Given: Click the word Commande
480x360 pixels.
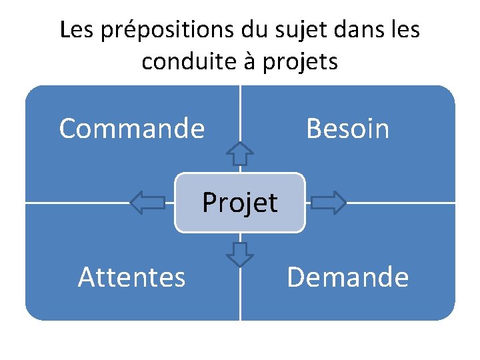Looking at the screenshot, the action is (131, 128).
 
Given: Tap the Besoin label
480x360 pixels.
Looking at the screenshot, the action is (347, 128).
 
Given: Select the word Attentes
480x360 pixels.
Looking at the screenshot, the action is (131, 277).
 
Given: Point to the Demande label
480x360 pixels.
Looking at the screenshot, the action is (347, 277).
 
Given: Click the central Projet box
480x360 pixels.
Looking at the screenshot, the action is (240, 202).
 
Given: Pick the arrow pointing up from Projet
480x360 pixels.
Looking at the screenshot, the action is (240, 153).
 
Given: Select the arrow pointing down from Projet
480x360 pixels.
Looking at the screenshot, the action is (240, 253).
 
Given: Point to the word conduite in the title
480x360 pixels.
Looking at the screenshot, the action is (183, 61).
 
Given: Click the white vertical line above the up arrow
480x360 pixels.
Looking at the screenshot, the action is (240, 113).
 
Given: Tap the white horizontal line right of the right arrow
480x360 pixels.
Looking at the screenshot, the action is (400, 202).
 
